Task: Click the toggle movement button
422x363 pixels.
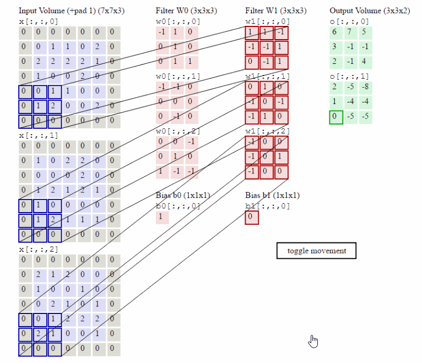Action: (x=316, y=251)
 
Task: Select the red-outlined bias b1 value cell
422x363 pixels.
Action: (x=251, y=217)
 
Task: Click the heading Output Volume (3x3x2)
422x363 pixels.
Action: (x=369, y=10)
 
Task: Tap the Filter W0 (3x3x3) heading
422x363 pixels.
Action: (x=186, y=10)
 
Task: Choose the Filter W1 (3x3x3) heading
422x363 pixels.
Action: (x=275, y=10)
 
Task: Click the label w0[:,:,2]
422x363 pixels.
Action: (x=177, y=131)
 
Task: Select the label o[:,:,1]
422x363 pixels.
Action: (x=349, y=76)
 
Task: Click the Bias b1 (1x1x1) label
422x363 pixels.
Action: (x=272, y=196)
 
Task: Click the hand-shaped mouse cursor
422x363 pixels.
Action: (x=313, y=342)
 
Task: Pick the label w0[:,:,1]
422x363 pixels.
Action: (x=177, y=76)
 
